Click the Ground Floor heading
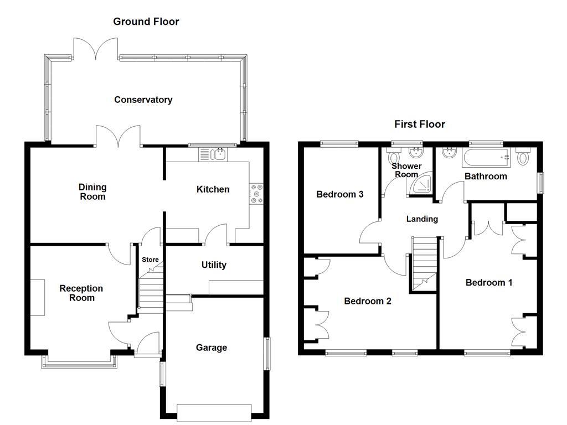146,22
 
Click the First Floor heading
419,124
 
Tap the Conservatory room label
143,100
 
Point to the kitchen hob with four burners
257,194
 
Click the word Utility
213,265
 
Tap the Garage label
211,348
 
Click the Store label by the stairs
150,260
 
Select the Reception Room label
81,293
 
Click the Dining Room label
92,191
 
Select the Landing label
422,219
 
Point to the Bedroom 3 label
339,194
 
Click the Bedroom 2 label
367,301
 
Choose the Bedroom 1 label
488,282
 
